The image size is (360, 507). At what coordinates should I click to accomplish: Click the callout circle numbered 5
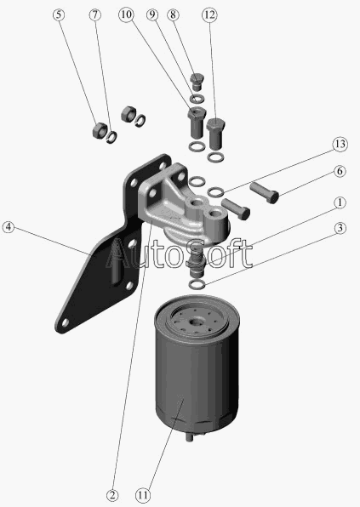tap(59, 14)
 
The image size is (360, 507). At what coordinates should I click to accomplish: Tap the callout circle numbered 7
tap(95, 14)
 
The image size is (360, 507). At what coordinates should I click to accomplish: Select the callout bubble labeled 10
tap(126, 14)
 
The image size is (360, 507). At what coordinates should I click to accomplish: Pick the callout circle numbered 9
tap(152, 14)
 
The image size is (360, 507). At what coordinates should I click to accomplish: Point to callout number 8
tap(173, 14)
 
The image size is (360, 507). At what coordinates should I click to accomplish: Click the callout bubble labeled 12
tap(209, 14)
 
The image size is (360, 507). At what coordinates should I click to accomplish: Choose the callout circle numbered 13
tap(340, 145)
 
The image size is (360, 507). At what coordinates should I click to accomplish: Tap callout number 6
tap(340, 171)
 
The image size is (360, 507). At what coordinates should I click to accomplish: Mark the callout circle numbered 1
tap(340, 202)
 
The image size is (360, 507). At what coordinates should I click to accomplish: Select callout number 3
tap(340, 228)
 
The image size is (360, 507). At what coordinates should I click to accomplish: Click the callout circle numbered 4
tap(9, 227)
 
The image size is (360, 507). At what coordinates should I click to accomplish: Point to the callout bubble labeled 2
tap(112, 495)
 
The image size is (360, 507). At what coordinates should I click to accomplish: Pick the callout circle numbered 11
tap(143, 495)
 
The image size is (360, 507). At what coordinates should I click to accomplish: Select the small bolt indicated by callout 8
tap(197, 82)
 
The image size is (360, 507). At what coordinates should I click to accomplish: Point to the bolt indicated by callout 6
tap(265, 192)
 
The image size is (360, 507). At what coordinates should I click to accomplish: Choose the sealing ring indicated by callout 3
tap(197, 284)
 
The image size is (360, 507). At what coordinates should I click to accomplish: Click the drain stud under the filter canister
tap(189, 437)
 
